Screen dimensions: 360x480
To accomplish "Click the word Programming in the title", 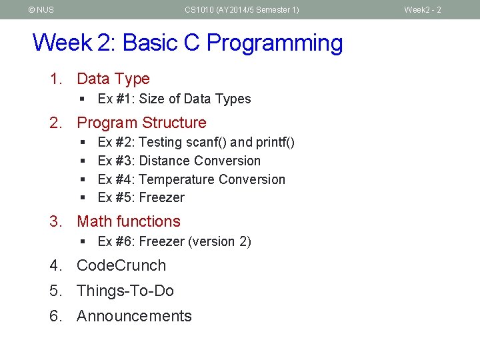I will (x=275, y=43).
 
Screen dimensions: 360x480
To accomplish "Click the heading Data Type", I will (x=113, y=79).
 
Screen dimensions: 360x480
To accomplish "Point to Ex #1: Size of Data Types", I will (x=174, y=99).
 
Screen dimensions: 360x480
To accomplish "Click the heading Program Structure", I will (x=141, y=123).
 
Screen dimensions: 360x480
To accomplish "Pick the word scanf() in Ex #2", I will (x=203, y=142).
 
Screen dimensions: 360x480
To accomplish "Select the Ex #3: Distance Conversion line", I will (x=179, y=161).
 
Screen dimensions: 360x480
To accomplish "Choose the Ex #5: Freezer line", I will (x=141, y=197).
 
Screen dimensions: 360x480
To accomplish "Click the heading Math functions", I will (x=129, y=221).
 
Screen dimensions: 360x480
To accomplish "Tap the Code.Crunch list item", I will (x=121, y=265).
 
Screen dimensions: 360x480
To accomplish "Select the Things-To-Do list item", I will (x=125, y=291).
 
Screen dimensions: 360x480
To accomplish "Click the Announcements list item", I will (x=134, y=316).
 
